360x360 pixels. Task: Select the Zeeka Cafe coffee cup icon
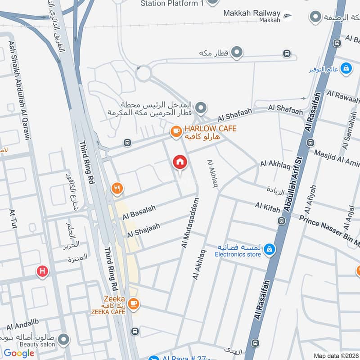tap(133, 304)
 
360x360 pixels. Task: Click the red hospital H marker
tap(42, 271)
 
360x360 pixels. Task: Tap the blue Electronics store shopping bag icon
tap(269, 249)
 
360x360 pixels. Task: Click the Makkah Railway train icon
tap(287, 17)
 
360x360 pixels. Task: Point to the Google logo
tap(19, 353)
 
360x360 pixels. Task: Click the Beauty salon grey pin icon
tap(64, 339)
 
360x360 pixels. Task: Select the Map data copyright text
tap(336, 355)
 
